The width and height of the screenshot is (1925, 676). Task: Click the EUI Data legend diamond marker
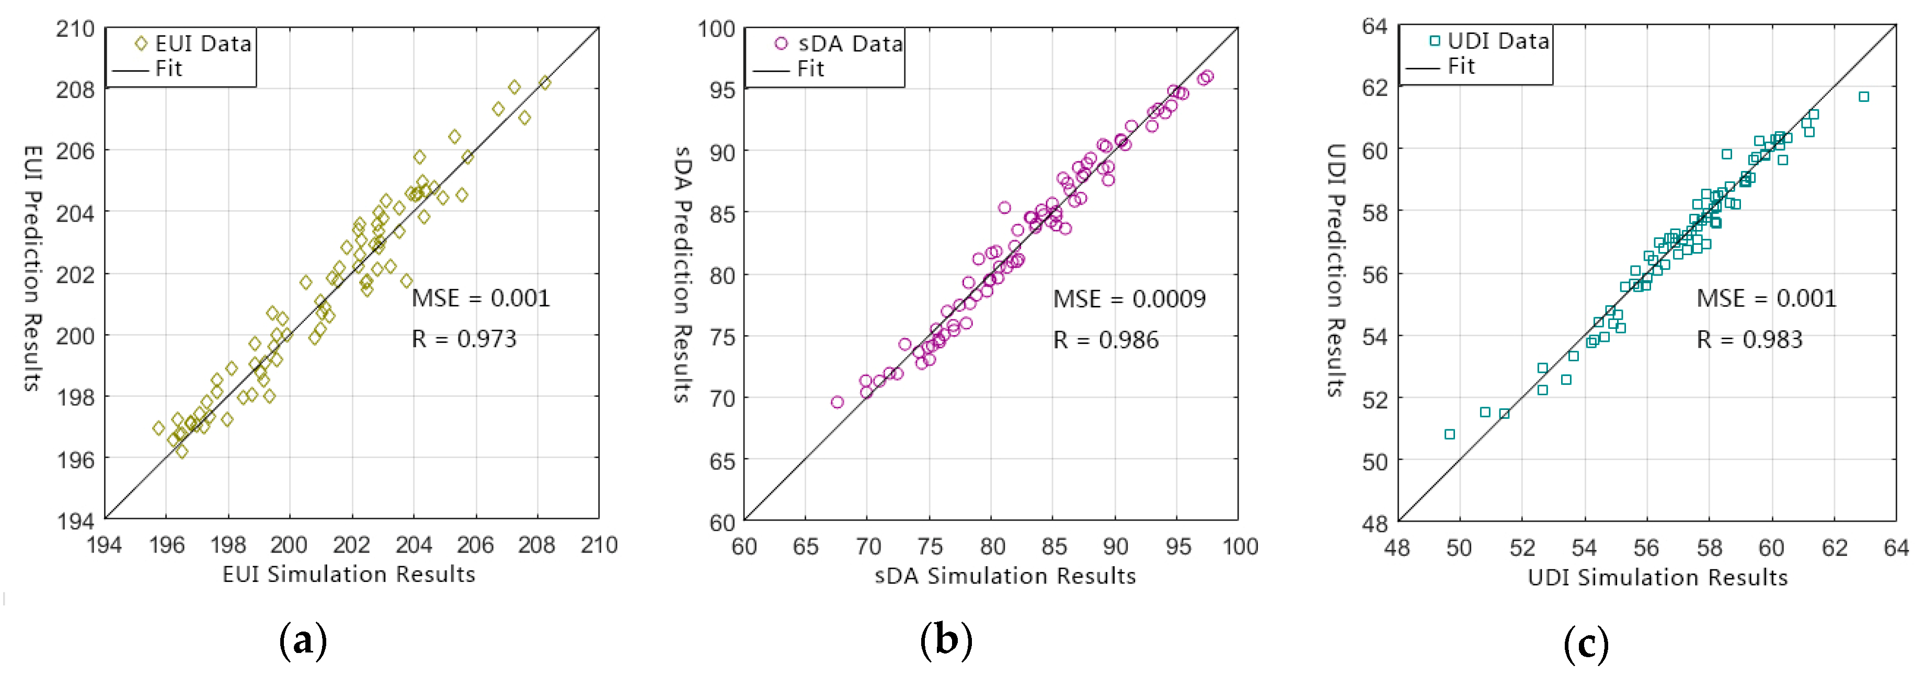click(141, 44)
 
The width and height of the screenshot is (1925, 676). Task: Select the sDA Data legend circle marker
click(781, 44)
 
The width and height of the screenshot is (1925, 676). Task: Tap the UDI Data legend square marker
click(1434, 41)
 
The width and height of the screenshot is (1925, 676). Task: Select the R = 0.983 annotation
click(1749, 340)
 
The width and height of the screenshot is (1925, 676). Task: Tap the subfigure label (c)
click(1586, 644)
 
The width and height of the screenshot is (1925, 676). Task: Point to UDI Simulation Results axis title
click(1657, 577)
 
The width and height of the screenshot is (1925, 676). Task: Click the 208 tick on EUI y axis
click(75, 89)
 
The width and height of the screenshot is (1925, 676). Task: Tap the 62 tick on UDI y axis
click(1374, 87)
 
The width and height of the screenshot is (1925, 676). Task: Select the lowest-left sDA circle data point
click(837, 403)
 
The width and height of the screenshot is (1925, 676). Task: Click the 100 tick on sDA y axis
click(716, 29)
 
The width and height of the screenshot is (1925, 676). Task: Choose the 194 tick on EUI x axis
click(104, 545)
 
